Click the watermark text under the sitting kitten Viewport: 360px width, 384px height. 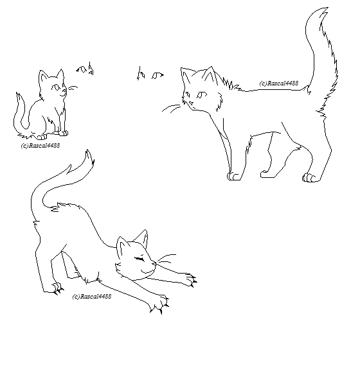click(40, 146)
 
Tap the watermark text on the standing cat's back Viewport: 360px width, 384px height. click(278, 83)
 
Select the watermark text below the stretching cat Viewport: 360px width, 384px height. click(92, 297)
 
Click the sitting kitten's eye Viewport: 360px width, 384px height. click(56, 87)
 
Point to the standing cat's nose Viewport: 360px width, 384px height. click(191, 103)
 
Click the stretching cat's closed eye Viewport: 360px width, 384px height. click(139, 258)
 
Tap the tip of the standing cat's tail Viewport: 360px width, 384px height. click(328, 8)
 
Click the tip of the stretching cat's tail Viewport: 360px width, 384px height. click(87, 150)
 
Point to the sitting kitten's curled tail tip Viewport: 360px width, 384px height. click(17, 93)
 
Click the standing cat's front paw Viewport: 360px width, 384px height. click(234, 177)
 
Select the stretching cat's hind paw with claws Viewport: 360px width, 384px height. click(58, 288)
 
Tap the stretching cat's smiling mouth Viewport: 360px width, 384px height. click(148, 270)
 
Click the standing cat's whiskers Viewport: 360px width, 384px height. click(171, 108)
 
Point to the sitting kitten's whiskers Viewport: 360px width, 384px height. click(73, 88)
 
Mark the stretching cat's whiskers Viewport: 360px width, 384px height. click(166, 259)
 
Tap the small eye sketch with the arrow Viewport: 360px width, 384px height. click(157, 75)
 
